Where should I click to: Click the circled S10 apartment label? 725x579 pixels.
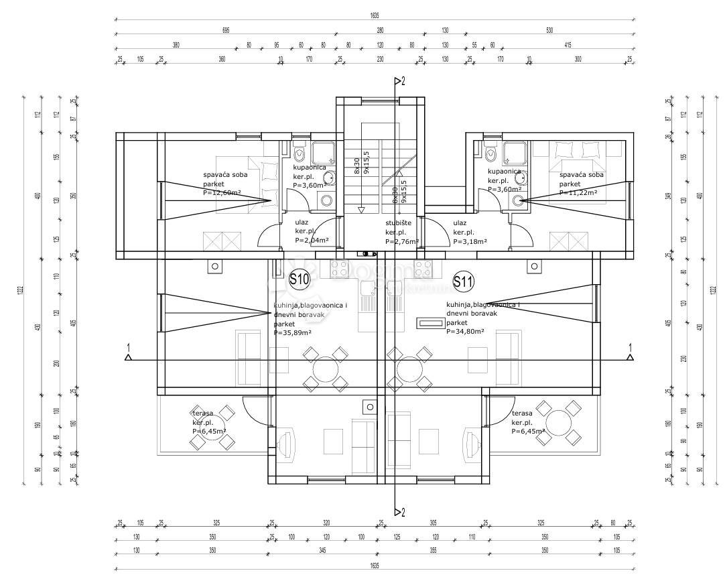point(300,280)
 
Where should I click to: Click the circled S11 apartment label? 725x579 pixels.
point(463,281)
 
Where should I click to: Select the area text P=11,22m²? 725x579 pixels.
point(578,192)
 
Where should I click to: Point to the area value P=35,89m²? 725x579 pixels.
point(293,332)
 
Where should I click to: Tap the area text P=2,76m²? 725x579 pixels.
point(402,241)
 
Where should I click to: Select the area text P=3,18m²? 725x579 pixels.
point(470,241)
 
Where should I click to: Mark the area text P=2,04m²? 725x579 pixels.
point(312,240)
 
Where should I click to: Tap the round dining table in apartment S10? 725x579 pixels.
point(326,368)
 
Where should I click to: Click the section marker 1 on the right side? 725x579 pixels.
point(630,348)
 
